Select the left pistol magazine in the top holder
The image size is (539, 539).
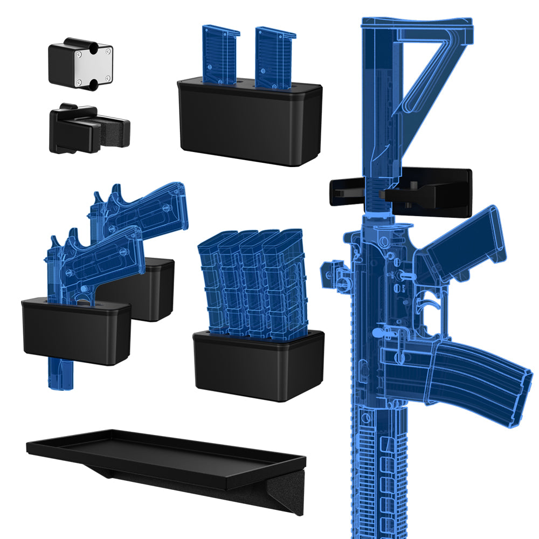coord(220,54)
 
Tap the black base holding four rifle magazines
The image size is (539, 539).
coord(259,367)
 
